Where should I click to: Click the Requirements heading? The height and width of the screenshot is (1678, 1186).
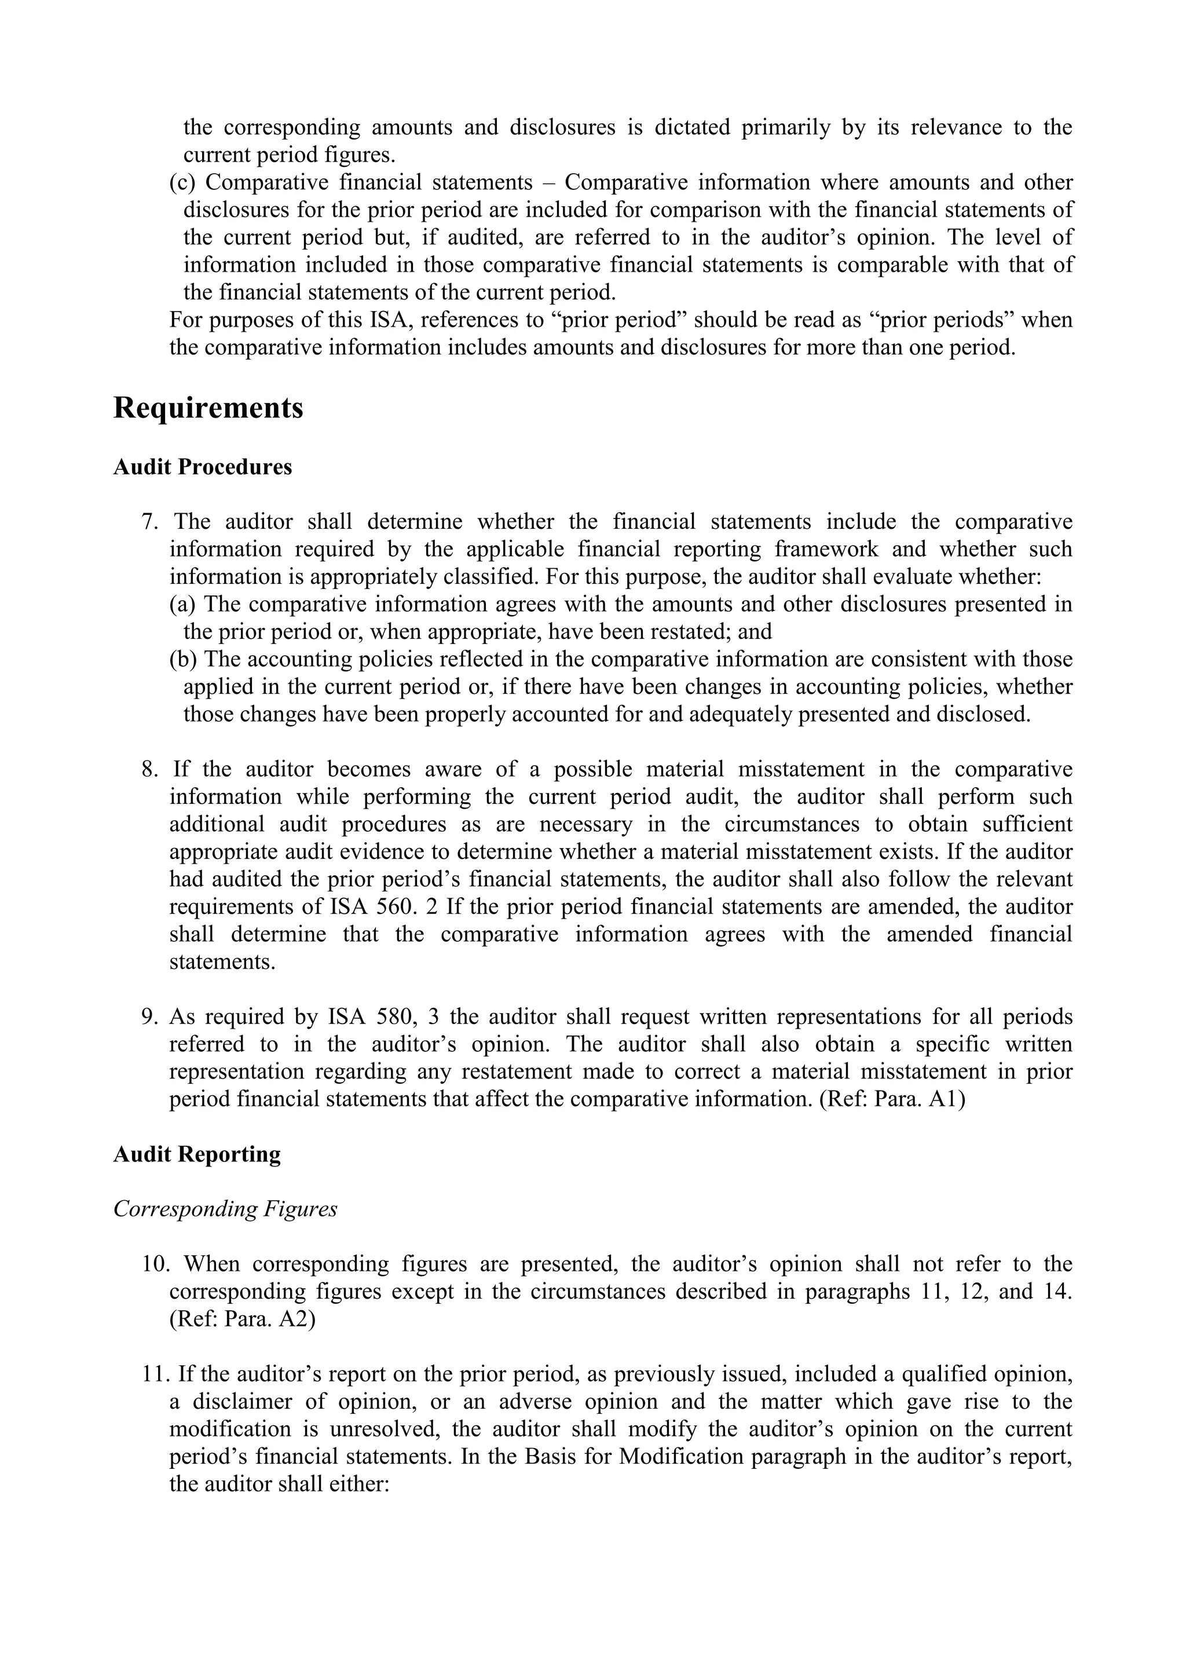[208, 408]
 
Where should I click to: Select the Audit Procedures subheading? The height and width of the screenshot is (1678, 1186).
[203, 467]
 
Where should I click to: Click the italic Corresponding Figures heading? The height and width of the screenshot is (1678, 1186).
[225, 1209]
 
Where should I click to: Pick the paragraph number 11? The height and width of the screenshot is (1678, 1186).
[155, 1374]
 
